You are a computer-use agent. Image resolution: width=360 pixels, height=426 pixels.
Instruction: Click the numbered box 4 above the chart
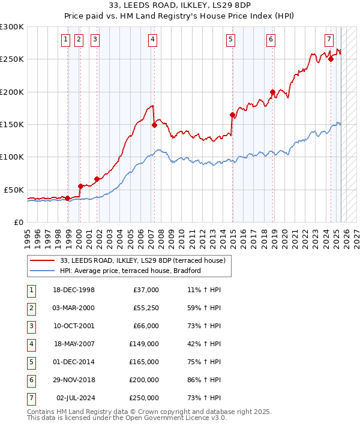click(153, 40)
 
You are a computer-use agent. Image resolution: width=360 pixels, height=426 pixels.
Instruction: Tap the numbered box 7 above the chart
click(329, 40)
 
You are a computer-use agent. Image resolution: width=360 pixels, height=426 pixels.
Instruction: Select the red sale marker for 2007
click(154, 125)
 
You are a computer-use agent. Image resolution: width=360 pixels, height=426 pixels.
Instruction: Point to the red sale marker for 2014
click(232, 115)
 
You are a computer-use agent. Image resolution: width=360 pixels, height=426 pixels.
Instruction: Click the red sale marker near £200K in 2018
click(272, 92)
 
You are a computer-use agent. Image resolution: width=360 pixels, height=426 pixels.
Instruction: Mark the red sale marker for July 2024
click(331, 59)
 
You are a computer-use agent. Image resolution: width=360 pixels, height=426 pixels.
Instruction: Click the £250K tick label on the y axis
click(12, 59)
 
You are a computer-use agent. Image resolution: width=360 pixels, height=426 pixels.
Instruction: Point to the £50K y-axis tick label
click(14, 190)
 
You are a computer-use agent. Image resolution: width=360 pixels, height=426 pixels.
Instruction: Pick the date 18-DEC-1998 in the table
click(74, 290)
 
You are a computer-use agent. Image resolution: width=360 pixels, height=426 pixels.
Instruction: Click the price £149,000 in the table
click(144, 344)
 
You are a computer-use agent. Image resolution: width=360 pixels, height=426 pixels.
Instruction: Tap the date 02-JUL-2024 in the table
click(76, 398)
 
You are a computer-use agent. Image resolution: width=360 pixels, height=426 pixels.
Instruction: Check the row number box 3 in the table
click(31, 326)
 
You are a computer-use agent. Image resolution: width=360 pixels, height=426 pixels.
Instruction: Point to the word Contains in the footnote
click(42, 412)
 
